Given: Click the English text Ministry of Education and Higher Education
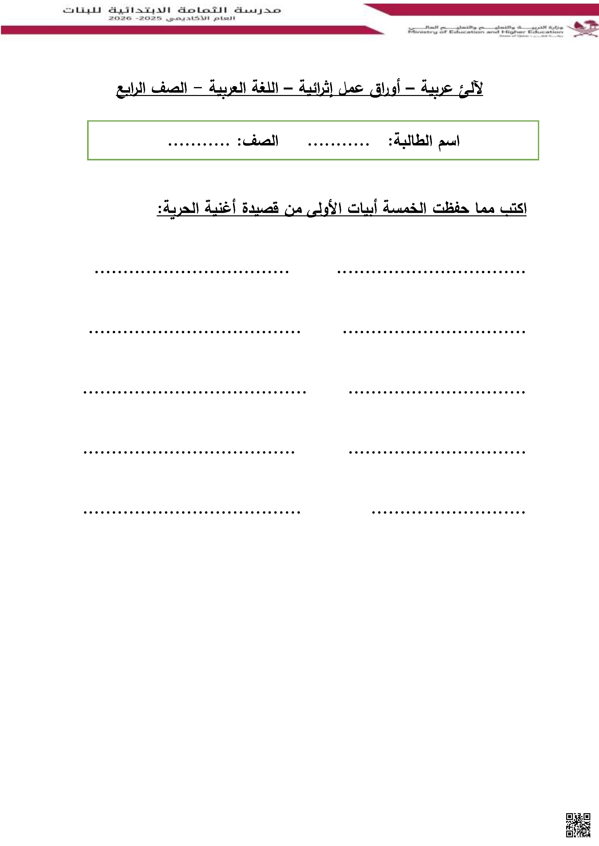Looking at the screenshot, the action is pos(485,32).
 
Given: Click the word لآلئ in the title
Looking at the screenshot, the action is pos(471,89).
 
